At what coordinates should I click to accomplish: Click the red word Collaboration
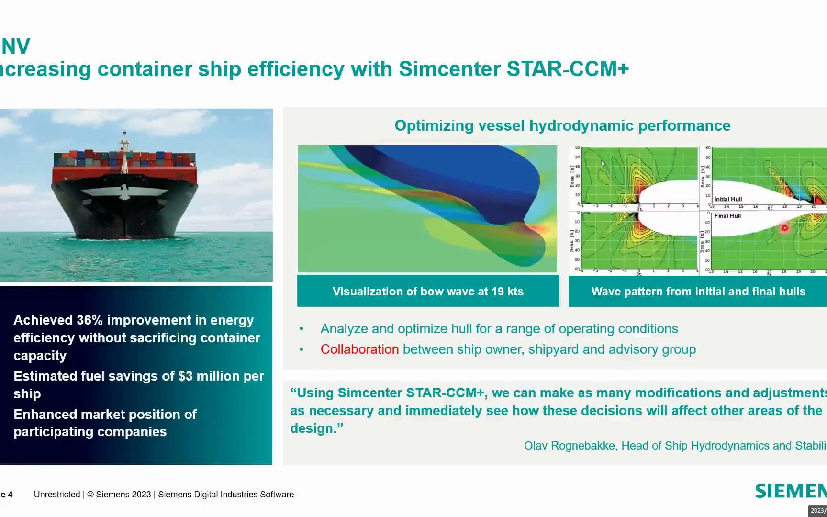pyautogui.click(x=359, y=349)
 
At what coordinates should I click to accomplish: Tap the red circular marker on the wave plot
pyautogui.click(x=784, y=228)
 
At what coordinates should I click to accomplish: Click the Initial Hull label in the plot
pyautogui.click(x=728, y=199)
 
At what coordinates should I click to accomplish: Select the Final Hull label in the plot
pyautogui.click(x=727, y=216)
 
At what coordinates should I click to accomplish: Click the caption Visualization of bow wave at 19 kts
pyautogui.click(x=428, y=292)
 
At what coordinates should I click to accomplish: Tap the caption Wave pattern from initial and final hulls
pyautogui.click(x=698, y=292)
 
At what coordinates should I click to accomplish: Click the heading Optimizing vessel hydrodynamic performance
pyautogui.click(x=562, y=125)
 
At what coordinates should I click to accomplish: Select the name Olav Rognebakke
pyautogui.click(x=569, y=446)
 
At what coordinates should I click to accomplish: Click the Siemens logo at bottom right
pyautogui.click(x=791, y=491)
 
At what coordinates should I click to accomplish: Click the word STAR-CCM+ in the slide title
pyautogui.click(x=568, y=69)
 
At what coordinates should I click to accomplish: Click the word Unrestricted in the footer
pyautogui.click(x=57, y=495)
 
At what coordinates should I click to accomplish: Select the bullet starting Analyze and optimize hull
pyautogui.click(x=499, y=329)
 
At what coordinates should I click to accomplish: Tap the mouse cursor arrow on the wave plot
pyautogui.click(x=603, y=163)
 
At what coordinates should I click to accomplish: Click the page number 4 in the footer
pyautogui.click(x=10, y=495)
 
